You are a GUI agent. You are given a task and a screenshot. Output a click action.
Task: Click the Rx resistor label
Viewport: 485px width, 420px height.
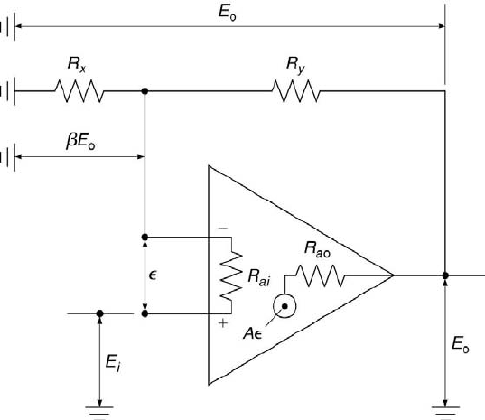(77, 65)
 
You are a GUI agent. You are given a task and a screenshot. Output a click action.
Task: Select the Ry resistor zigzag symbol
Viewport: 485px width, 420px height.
(296, 91)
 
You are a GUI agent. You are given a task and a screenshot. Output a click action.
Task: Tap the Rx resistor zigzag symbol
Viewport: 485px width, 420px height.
(79, 91)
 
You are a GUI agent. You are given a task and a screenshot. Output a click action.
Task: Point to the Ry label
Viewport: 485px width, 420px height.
(295, 65)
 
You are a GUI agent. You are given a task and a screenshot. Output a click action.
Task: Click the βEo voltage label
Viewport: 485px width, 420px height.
(80, 141)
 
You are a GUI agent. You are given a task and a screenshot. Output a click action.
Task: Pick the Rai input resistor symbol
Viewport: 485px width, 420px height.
(231, 275)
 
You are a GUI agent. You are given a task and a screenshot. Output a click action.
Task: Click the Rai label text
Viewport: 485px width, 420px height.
(259, 276)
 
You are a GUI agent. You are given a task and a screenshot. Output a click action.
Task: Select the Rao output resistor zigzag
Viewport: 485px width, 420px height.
(320, 275)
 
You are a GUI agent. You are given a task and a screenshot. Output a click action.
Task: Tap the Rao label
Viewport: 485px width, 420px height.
(317, 249)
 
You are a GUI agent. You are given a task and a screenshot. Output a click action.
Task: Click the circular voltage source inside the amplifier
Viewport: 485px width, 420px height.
(284, 306)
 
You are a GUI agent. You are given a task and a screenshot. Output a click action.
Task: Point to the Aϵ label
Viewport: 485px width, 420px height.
(252, 333)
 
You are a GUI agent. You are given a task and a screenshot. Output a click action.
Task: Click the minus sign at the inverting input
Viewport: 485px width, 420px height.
(223, 229)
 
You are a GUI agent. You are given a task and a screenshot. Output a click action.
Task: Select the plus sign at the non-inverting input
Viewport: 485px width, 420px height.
(223, 323)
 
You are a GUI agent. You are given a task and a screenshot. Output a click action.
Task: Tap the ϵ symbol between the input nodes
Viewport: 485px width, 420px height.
(153, 275)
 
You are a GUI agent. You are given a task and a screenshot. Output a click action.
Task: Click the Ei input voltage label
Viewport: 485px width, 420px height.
(113, 362)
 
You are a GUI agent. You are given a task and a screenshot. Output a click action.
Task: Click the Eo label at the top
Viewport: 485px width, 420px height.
(227, 13)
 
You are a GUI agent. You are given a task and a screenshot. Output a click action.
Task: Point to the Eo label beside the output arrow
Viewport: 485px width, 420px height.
(460, 344)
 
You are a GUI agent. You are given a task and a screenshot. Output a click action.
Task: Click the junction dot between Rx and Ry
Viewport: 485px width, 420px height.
(145, 91)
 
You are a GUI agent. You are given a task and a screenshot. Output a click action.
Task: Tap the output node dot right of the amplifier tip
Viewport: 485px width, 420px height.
(445, 275)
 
